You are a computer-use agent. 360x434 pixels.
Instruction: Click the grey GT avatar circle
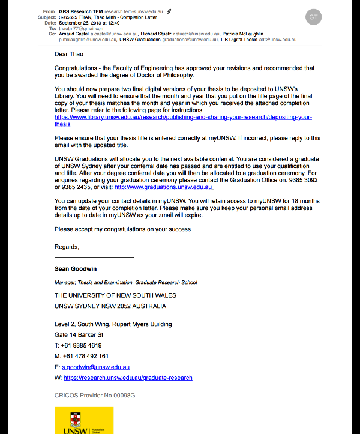tap(313, 17)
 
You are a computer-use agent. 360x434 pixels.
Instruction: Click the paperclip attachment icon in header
tap(169, 11)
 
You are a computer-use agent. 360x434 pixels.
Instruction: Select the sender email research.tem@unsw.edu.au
tap(134, 11)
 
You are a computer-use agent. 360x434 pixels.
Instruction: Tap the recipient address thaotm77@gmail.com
tap(82, 28)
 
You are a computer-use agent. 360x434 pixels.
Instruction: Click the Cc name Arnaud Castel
tap(73, 34)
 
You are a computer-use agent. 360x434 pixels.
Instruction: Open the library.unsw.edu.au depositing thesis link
tap(183, 118)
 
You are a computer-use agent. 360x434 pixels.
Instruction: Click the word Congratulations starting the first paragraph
tap(77, 68)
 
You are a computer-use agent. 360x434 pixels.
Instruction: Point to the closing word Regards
tap(67, 247)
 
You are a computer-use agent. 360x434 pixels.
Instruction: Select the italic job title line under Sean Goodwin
tap(125, 282)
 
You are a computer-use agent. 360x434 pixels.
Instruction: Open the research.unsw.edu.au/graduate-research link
tap(128, 378)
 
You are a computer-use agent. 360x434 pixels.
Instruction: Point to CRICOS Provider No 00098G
tap(95, 396)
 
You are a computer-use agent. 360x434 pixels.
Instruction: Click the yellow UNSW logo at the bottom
tap(83, 420)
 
